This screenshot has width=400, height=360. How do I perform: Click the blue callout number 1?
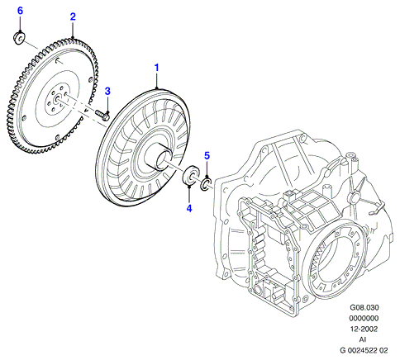click(157, 68)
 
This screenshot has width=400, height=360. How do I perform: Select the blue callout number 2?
click(73, 17)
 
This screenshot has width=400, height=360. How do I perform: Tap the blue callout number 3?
click(107, 92)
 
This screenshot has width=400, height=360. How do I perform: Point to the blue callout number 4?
click(189, 208)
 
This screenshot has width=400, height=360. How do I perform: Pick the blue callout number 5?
click(207, 156)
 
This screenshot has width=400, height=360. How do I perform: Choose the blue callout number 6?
click(20, 11)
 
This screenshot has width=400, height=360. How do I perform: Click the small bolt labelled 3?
click(102, 116)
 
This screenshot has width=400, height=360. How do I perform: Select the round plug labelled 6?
click(19, 38)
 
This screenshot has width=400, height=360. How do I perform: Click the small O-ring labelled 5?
click(204, 184)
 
